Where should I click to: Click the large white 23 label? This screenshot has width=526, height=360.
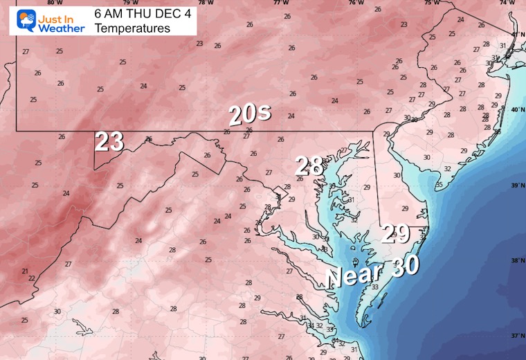[x=109, y=141]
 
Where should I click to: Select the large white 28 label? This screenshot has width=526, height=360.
[x=309, y=166]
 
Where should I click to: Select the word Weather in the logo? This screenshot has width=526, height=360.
[x=61, y=28]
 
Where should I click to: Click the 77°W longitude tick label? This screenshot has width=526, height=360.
[x=281, y=3]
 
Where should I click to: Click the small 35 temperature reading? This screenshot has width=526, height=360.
[x=439, y=185]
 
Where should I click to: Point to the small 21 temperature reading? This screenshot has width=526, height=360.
[x=25, y=271]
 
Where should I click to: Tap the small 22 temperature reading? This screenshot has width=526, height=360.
[x=32, y=278]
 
